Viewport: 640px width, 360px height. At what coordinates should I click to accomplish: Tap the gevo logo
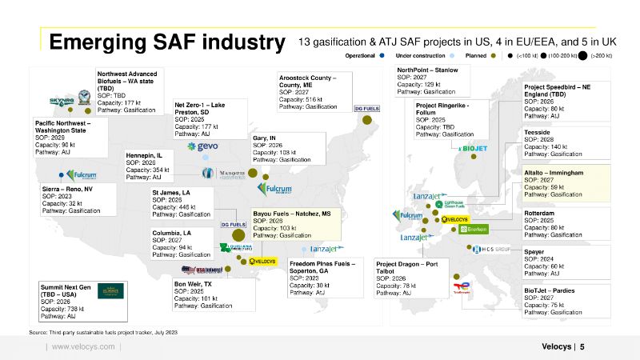pyautogui.click(x=207, y=146)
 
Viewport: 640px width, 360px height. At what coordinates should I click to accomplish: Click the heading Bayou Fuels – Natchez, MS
pyautogui.click(x=292, y=214)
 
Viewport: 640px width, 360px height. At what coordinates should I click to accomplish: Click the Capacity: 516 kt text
pyautogui.click(x=302, y=99)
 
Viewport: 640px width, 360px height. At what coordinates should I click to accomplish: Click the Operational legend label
pyautogui.click(x=361, y=56)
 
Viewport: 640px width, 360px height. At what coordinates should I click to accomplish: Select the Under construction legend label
pyautogui.click(x=422, y=56)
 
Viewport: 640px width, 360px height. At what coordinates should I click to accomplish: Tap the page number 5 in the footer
pyautogui.click(x=582, y=346)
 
